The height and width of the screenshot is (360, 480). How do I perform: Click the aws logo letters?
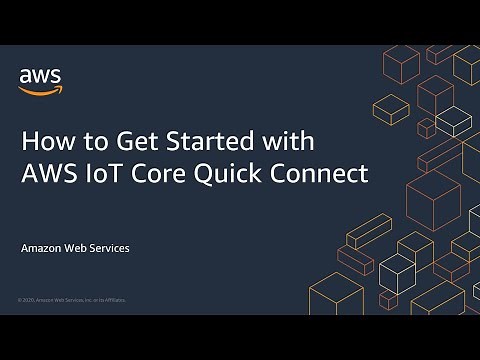click(x=38, y=74)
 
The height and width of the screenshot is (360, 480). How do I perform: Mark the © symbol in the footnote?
click(x=20, y=299)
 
